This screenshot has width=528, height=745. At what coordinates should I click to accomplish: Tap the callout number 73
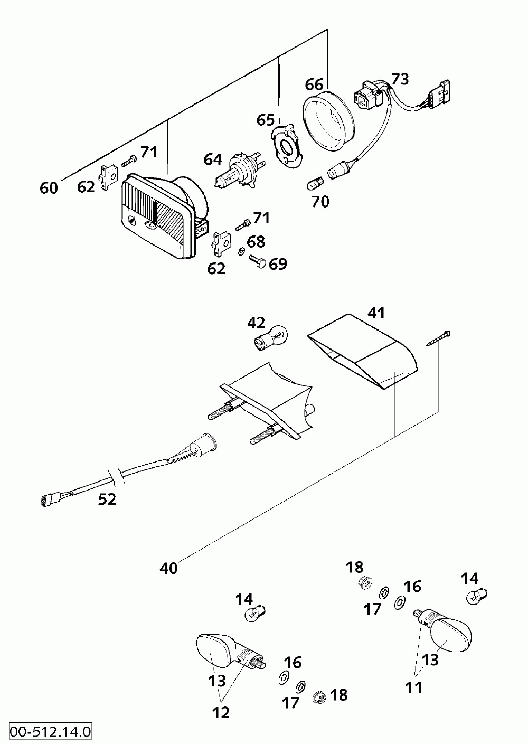point(400,79)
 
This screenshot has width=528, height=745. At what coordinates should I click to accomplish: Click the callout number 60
point(49,188)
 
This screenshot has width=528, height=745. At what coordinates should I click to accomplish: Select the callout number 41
point(376,313)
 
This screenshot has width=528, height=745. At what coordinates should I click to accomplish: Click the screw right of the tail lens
point(438,338)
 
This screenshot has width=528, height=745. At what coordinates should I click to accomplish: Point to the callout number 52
point(107,499)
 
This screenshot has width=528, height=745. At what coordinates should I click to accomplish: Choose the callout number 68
point(256,242)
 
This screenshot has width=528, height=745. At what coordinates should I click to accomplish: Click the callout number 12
point(221,712)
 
